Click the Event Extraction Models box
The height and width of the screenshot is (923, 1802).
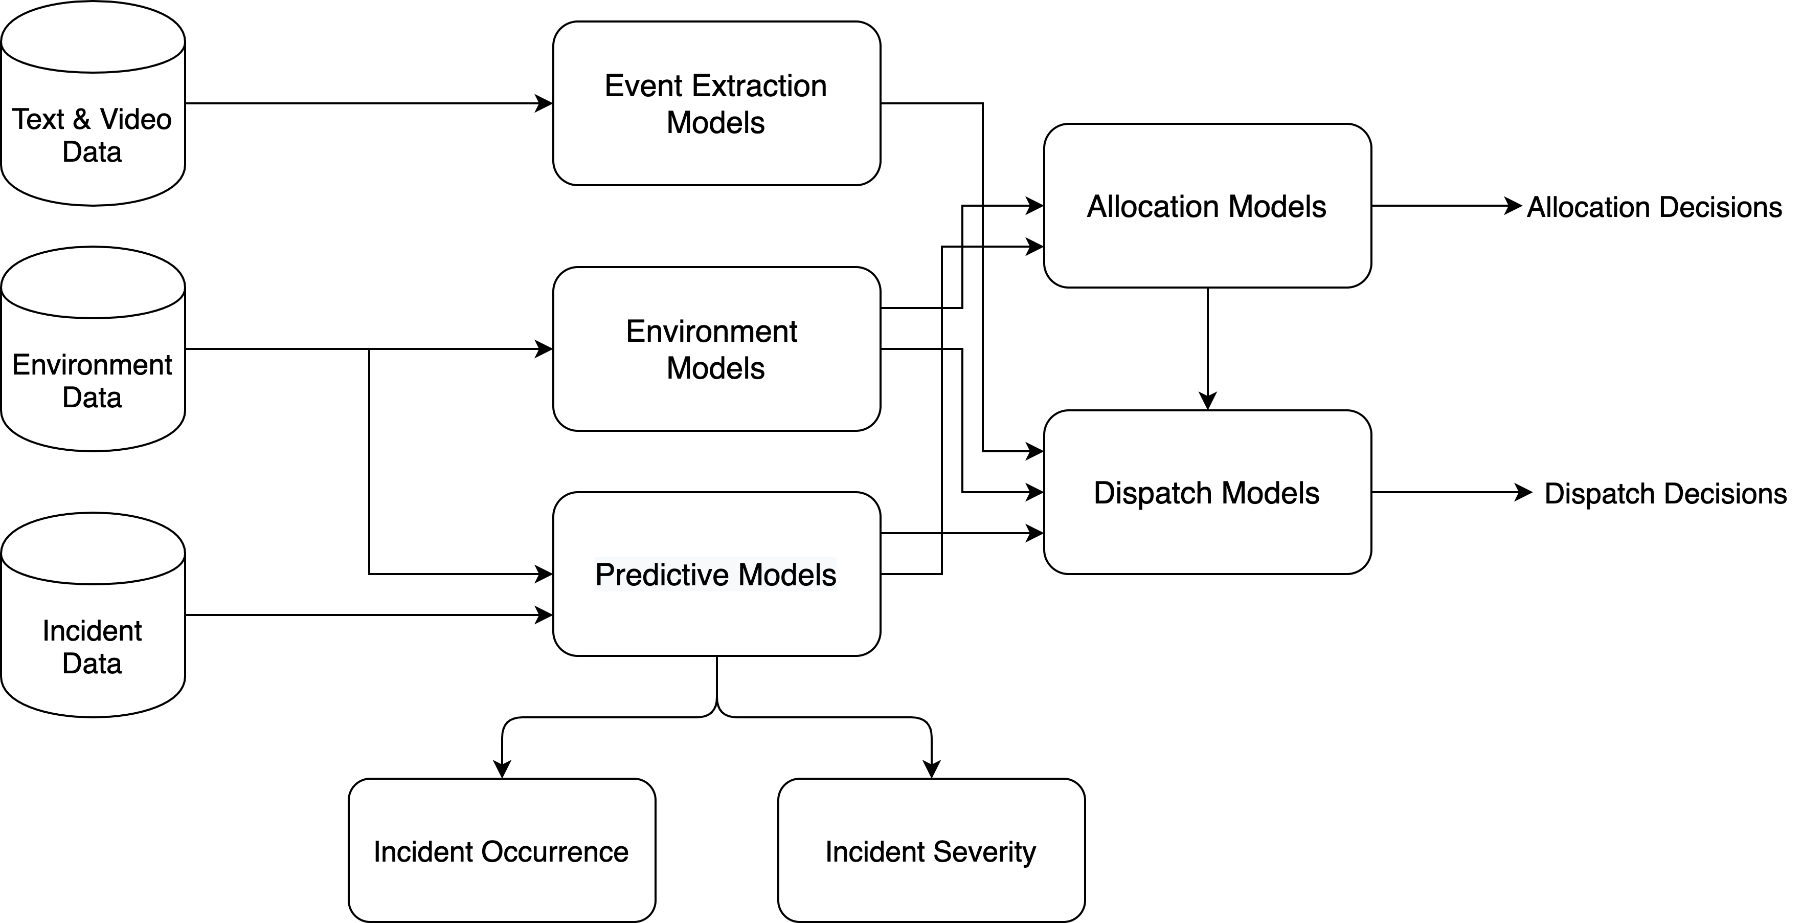[716, 103]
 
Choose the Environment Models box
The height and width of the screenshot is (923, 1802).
[716, 348]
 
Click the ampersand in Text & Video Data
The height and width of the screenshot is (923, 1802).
[82, 120]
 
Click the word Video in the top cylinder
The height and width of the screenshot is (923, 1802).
[136, 120]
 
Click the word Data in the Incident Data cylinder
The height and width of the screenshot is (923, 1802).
[92, 664]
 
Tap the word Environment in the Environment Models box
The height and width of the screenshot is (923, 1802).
[711, 332]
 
